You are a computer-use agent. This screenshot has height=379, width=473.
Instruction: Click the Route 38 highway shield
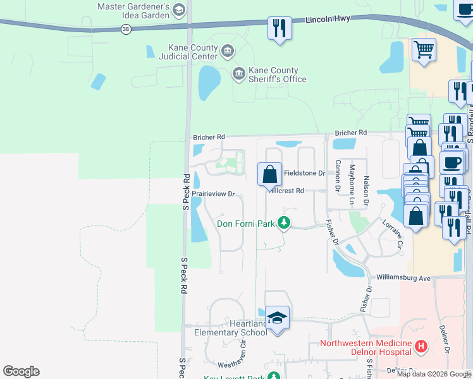(126, 29)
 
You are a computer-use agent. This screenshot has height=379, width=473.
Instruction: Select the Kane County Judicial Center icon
(227, 49)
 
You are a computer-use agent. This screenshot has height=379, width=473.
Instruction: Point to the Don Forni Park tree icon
(284, 223)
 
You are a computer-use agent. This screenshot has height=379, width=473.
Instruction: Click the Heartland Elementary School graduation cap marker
(277, 318)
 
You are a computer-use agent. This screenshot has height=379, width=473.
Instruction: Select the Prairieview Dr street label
(214, 194)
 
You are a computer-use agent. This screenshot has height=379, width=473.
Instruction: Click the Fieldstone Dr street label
(304, 172)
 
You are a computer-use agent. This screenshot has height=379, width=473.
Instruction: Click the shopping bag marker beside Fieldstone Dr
(269, 174)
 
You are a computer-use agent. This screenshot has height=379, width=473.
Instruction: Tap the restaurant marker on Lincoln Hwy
(279, 28)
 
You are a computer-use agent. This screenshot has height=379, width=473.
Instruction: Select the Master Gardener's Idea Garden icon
(179, 9)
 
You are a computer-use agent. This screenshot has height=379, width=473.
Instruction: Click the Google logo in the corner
(21, 371)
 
